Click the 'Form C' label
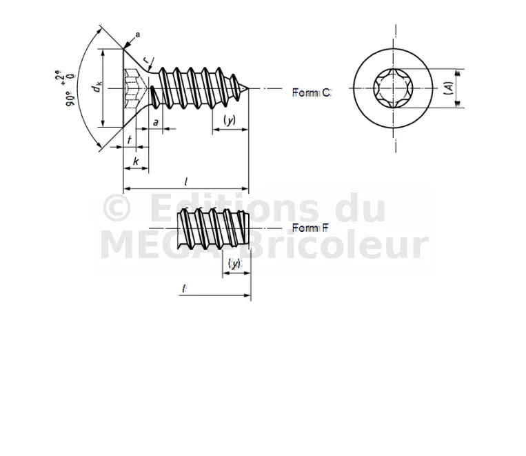pyautogui.click(x=312, y=92)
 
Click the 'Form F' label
pyautogui.click(x=310, y=228)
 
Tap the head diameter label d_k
pyautogui.click(x=97, y=88)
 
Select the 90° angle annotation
pyautogui.click(x=70, y=99)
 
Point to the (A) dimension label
pyautogui.click(x=449, y=88)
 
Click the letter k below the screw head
pyautogui.click(x=136, y=161)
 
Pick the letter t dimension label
pyautogui.click(x=130, y=139)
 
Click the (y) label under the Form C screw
pyautogui.click(x=230, y=121)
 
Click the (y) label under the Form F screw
pyautogui.click(x=234, y=264)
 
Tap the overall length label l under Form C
pyautogui.click(x=186, y=181)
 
